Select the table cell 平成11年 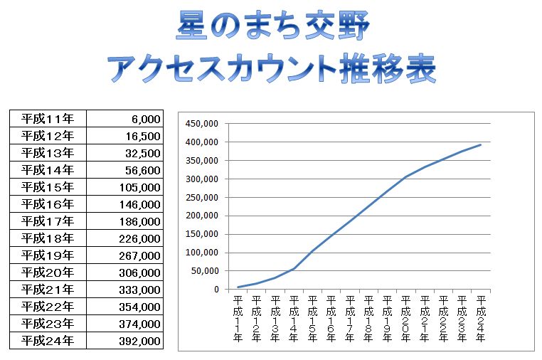click(x=48, y=119)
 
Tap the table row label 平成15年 click(x=48, y=187)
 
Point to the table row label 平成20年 click(x=48, y=272)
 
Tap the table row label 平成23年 click(x=48, y=324)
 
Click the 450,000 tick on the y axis click(x=201, y=123)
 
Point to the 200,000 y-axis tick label click(x=201, y=216)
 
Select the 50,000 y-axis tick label click(x=204, y=271)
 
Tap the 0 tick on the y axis click(x=215, y=290)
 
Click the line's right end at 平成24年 click(x=481, y=144)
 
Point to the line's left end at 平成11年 click(x=238, y=287)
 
